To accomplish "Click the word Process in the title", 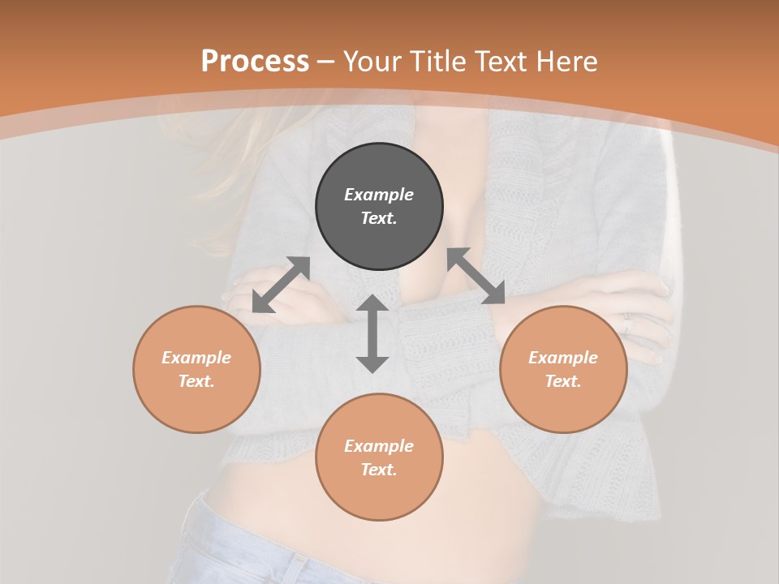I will pyautogui.click(x=255, y=62).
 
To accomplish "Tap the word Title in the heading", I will pyautogui.click(x=441, y=62).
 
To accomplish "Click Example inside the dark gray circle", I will pyautogui.click(x=379, y=195).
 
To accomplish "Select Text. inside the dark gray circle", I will pyautogui.click(x=379, y=218).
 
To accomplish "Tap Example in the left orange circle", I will pyautogui.click(x=196, y=358).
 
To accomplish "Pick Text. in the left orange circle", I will pyautogui.click(x=196, y=381).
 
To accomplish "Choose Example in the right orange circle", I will pyautogui.click(x=563, y=358).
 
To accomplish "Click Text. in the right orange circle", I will pyautogui.click(x=563, y=381).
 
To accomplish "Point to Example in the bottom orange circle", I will pyautogui.click(x=379, y=446).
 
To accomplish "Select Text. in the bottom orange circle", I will pyautogui.click(x=379, y=470).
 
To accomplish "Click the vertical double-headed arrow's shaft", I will pyautogui.click(x=372, y=333).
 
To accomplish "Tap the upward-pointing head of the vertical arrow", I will pyautogui.click(x=372, y=303).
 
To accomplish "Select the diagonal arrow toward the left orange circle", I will pyautogui.click(x=281, y=285).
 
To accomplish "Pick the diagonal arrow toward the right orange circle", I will pyautogui.click(x=476, y=276).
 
